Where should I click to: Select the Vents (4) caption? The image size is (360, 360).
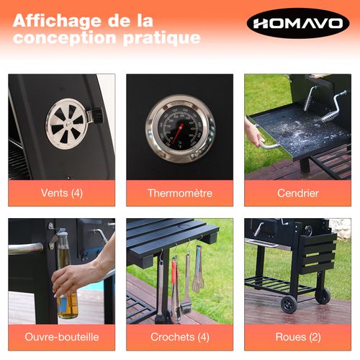click(61, 193)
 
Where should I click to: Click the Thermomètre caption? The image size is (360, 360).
click(179, 193)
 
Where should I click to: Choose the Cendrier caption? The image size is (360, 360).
click(297, 193)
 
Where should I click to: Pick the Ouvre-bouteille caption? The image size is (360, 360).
click(61, 336)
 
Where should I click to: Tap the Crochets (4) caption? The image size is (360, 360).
click(179, 336)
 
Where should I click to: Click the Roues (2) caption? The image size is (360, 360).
click(297, 336)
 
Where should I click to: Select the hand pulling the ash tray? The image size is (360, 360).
click(255, 134)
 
